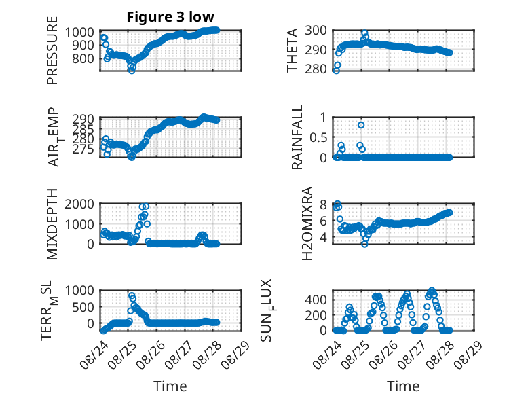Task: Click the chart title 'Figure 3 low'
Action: pyautogui.click(x=170, y=17)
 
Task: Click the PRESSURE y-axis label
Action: pyautogui.click(x=52, y=50)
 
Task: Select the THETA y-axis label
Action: pyautogui.click(x=293, y=50)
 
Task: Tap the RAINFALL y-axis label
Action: pyautogui.click(x=297, y=137)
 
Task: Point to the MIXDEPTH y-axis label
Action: pyautogui.click(x=52, y=224)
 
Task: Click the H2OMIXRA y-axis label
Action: pyautogui.click(x=307, y=223)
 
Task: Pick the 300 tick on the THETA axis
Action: pyautogui.click(x=316, y=31)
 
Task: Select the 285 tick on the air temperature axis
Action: pyautogui.click(x=83, y=129)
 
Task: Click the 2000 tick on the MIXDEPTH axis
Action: pyautogui.click(x=79, y=204)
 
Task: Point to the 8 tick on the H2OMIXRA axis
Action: pyautogui.click(x=323, y=204)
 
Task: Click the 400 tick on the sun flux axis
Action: pyautogui.click(x=316, y=300)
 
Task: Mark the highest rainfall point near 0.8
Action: pyautogui.click(x=361, y=125)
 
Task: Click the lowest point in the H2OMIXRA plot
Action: pyautogui.click(x=364, y=244)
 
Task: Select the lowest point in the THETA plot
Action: pyautogui.click(x=336, y=71)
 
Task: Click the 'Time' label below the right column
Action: pyautogui.click(x=403, y=386)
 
